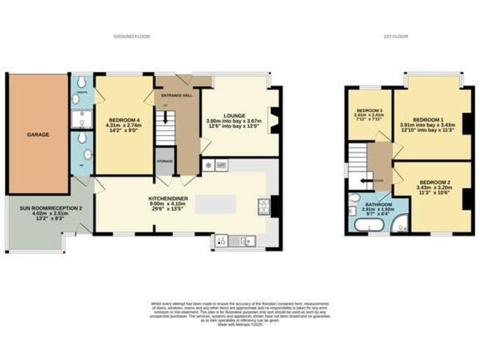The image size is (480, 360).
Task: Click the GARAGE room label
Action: (x=37, y=134)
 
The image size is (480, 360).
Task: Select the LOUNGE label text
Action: (x=240, y=116)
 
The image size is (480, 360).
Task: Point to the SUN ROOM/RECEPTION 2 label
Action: (x=42, y=207)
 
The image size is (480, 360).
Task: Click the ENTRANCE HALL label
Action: (x=177, y=96)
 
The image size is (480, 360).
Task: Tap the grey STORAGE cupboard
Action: (x=164, y=160)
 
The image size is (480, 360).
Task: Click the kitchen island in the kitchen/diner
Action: (x=216, y=204)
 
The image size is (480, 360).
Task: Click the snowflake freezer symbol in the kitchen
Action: (x=208, y=166)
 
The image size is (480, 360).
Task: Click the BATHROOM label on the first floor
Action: (x=378, y=204)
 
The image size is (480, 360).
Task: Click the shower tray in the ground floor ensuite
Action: (x=81, y=119)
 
